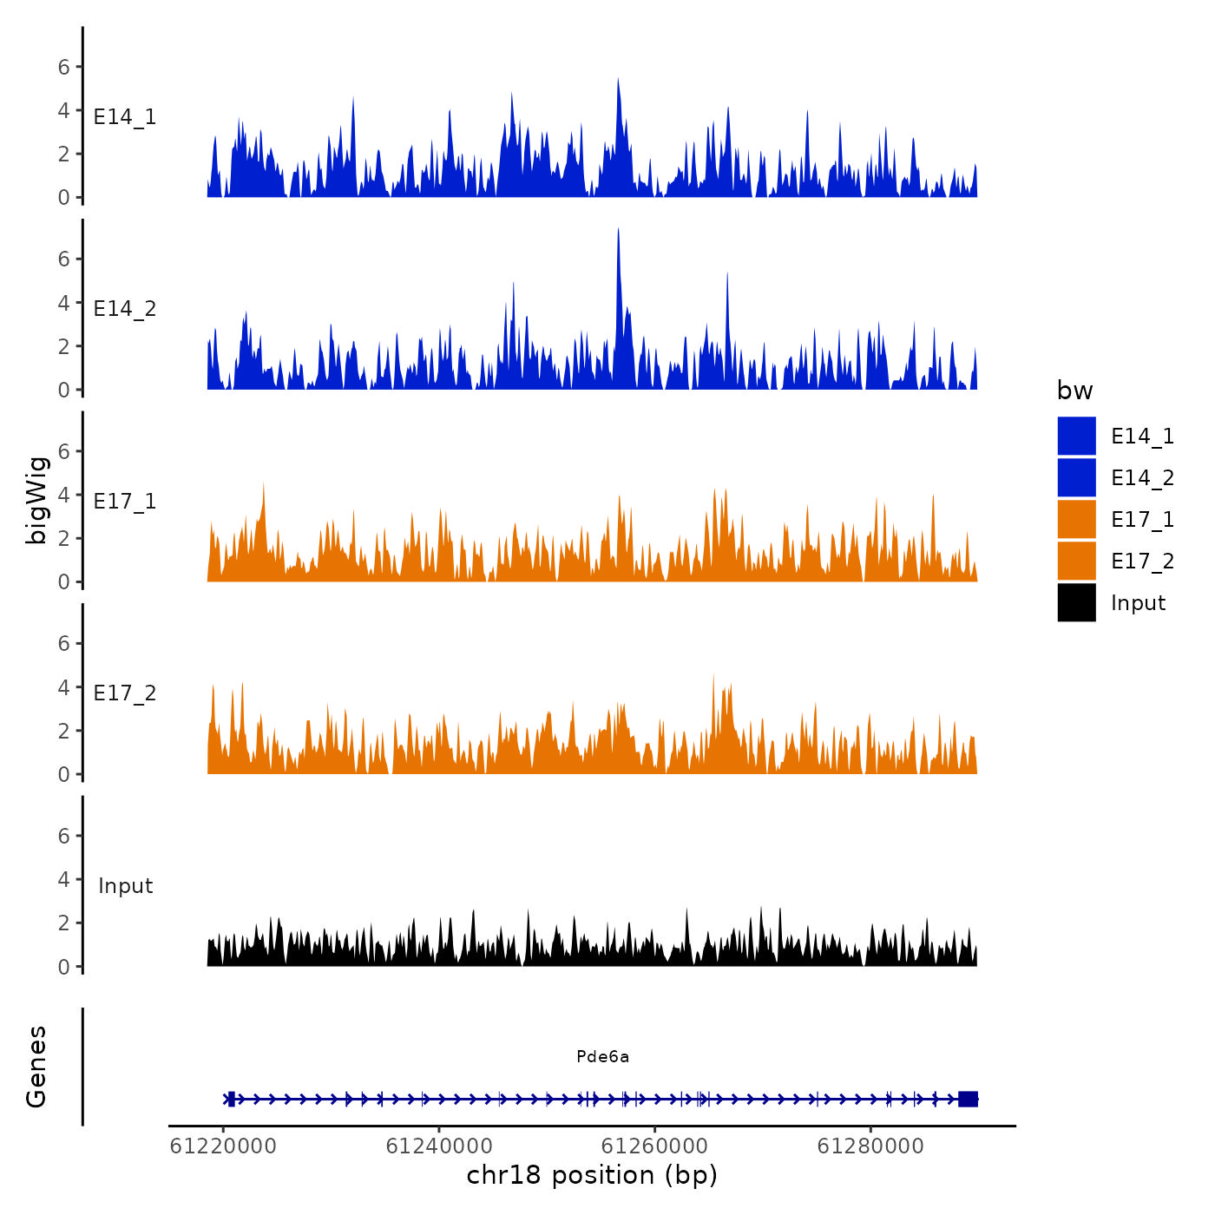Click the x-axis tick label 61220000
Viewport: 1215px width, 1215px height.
click(223, 1146)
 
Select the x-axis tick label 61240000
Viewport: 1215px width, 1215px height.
click(439, 1146)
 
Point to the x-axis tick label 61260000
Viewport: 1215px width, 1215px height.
click(655, 1146)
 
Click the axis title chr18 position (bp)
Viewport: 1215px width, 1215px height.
click(592, 1175)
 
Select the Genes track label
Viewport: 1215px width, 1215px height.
click(36, 1067)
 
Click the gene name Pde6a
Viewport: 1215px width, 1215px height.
click(602, 1057)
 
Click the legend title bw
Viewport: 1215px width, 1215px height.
click(1074, 391)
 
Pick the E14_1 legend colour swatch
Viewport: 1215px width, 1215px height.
click(1076, 436)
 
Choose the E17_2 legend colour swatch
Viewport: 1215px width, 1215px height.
click(1076, 561)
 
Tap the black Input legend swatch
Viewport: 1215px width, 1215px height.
click(1076, 602)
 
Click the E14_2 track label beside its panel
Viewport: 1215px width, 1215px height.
click(125, 309)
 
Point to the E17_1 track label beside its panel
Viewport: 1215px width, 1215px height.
click(125, 502)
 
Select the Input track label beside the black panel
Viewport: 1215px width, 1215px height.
click(125, 886)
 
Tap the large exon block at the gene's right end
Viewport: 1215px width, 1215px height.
click(968, 1099)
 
